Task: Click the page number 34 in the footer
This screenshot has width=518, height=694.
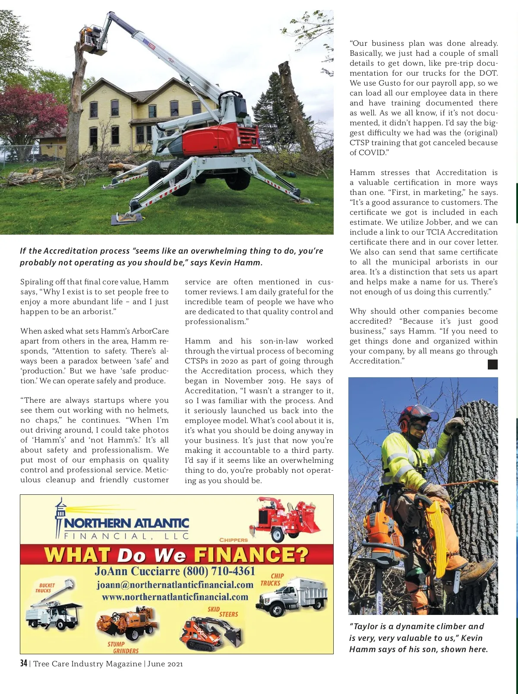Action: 23,663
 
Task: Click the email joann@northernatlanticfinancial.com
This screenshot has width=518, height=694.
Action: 175,585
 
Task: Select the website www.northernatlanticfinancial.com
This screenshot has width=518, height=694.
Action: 175,597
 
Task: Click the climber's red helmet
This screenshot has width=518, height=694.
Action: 412,414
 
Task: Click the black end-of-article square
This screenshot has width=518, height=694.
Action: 493,364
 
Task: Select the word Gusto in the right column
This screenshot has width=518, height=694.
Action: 390,83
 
